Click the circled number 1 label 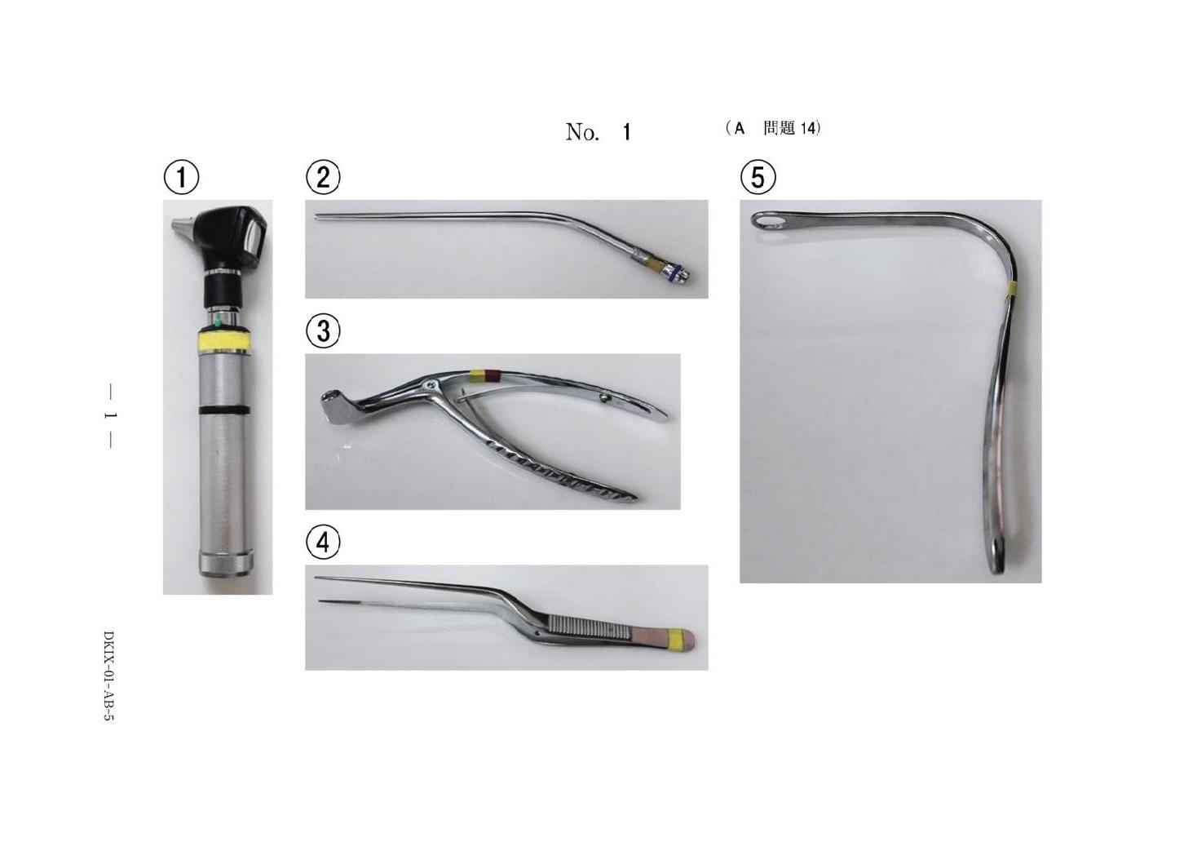tap(181, 178)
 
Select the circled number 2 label tap(323, 177)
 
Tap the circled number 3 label tap(323, 331)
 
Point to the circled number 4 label tap(323, 542)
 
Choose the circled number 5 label tap(758, 177)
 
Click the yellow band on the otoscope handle tap(224, 341)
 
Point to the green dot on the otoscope tap(217, 321)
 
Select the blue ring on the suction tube tap(672, 273)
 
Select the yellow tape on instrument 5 tap(1009, 289)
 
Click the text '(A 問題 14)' tap(773, 129)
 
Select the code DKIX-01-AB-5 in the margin tap(108, 676)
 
